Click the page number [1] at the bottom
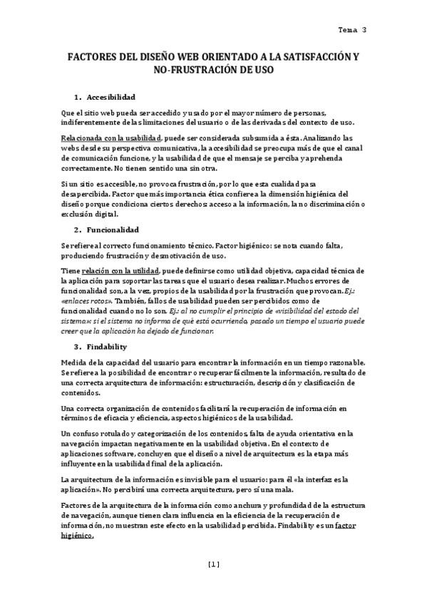tap(213, 565)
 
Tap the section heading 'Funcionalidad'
tap(113, 230)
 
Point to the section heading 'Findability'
tap(107, 346)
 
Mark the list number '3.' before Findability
tap(78, 346)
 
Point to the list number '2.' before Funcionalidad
tap(78, 230)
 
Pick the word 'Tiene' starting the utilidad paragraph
tap(71, 271)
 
